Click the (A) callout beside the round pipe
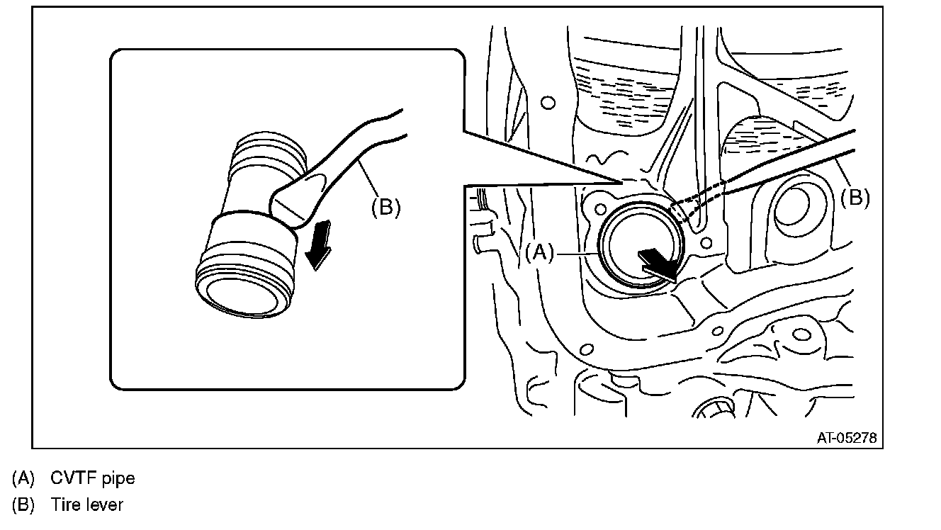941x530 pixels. pyautogui.click(x=541, y=252)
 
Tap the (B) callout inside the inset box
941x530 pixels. pyautogui.click(x=386, y=206)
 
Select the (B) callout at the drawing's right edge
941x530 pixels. pyautogui.click(x=855, y=198)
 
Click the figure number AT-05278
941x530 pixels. pyautogui.click(x=846, y=439)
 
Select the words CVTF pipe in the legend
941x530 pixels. pyautogui.click(x=92, y=478)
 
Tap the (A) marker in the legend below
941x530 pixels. pyautogui.click(x=23, y=478)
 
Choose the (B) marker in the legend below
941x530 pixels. pyautogui.click(x=23, y=504)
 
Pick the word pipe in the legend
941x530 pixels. pyautogui.click(x=119, y=478)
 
